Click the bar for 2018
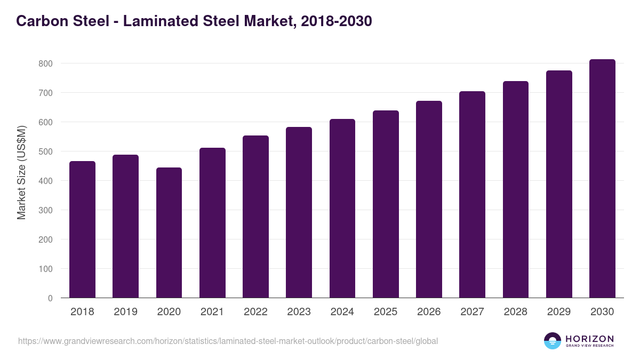point(82,229)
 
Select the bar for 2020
point(169,233)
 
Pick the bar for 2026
point(429,199)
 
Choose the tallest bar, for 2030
point(602,179)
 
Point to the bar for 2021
point(212,223)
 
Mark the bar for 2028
point(515,189)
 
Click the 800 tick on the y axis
point(46,63)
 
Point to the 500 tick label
point(46,151)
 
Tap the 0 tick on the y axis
point(50,298)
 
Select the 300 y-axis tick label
point(46,210)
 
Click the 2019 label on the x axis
point(125,312)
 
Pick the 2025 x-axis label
point(386,312)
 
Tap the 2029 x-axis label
point(559,312)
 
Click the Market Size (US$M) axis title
point(21,172)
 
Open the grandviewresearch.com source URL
point(228,341)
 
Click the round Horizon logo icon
point(553,341)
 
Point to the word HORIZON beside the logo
point(589,339)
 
